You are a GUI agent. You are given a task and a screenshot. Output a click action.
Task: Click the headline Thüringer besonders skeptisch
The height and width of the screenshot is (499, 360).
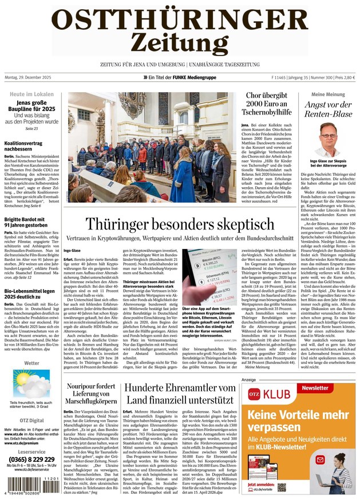pyautogui.click(x=180, y=224)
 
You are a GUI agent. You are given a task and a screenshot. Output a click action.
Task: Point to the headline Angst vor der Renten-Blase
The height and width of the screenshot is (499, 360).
pyautogui.click(x=327, y=109)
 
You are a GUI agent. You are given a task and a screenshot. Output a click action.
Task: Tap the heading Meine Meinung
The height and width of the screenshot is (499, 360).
pyautogui.click(x=327, y=94)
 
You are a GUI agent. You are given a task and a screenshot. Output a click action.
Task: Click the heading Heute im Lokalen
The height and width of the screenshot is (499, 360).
pyautogui.click(x=31, y=94)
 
